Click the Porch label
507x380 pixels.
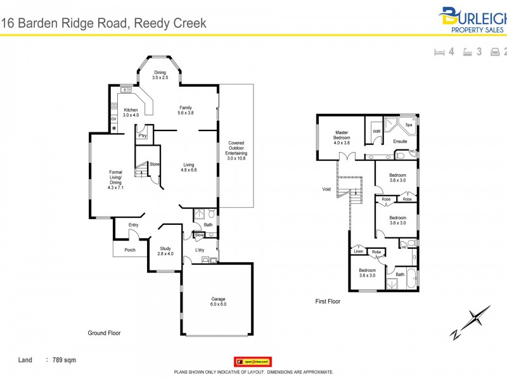click(129, 250)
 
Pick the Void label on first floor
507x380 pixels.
click(326, 189)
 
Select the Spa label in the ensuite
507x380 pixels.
click(409, 125)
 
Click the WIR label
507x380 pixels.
click(376, 132)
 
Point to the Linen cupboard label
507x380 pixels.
click(359, 251)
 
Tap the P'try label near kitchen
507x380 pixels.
click(143, 135)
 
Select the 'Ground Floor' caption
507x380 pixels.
click(104, 332)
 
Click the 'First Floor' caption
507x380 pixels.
click(328, 301)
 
